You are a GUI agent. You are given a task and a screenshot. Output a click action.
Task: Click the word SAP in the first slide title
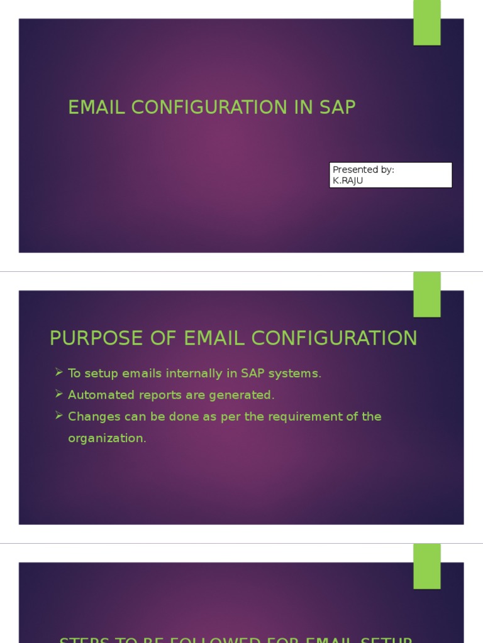[337, 107]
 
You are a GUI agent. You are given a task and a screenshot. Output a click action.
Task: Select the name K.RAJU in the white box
[348, 180]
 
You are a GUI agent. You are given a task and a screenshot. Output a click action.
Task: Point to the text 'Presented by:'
[363, 170]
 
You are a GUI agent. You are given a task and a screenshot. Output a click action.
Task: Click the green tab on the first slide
[426, 23]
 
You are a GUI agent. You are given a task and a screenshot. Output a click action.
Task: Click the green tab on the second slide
[426, 294]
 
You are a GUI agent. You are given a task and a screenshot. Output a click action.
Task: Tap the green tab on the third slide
[426, 566]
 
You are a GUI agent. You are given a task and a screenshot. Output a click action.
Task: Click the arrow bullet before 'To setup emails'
[58, 373]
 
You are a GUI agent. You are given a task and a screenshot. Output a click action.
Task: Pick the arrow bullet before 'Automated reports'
[58, 394]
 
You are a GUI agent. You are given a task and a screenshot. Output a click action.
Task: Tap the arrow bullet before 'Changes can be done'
[58, 416]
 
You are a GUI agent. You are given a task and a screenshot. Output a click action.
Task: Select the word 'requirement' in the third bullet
[304, 417]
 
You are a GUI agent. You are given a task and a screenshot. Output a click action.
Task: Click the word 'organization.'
[107, 438]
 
